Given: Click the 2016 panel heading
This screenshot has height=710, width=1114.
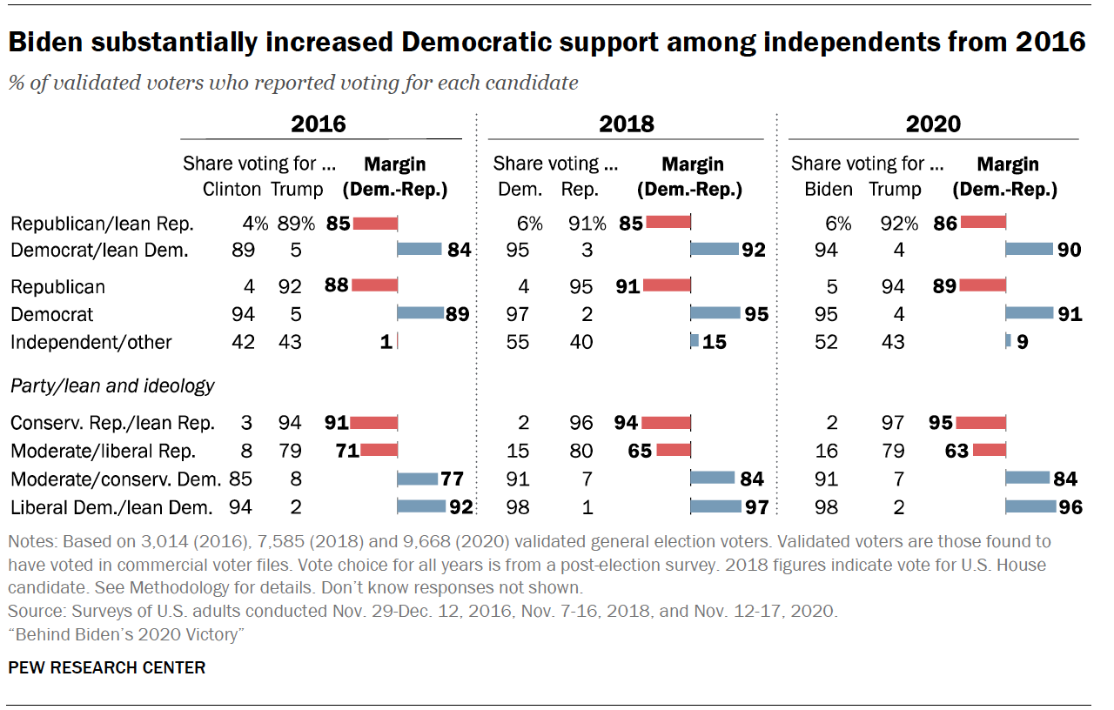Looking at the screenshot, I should [319, 124].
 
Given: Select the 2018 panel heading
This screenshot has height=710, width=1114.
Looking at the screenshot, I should [626, 124].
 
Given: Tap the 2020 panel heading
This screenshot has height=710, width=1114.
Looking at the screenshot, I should [933, 124].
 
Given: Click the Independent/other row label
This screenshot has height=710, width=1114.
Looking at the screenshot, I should [91, 342].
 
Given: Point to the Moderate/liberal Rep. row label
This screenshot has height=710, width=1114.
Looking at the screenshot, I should [104, 451].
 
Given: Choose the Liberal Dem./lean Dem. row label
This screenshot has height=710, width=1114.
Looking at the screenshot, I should [111, 506].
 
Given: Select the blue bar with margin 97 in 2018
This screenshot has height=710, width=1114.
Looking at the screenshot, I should [714, 506].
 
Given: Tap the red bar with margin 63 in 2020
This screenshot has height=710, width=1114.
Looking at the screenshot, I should [990, 451].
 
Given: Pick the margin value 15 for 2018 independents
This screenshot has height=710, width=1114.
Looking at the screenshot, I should [715, 342].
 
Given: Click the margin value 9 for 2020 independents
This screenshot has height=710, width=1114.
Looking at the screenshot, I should [1022, 342].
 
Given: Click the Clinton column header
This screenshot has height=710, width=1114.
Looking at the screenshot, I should [232, 189].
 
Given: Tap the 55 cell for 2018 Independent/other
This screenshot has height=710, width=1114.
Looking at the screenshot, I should [518, 342].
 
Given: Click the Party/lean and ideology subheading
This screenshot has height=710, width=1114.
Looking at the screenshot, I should [112, 385].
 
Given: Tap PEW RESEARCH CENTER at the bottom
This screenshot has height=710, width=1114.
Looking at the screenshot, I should [107, 667].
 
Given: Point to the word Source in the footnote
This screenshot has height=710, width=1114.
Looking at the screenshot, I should [32, 611].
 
